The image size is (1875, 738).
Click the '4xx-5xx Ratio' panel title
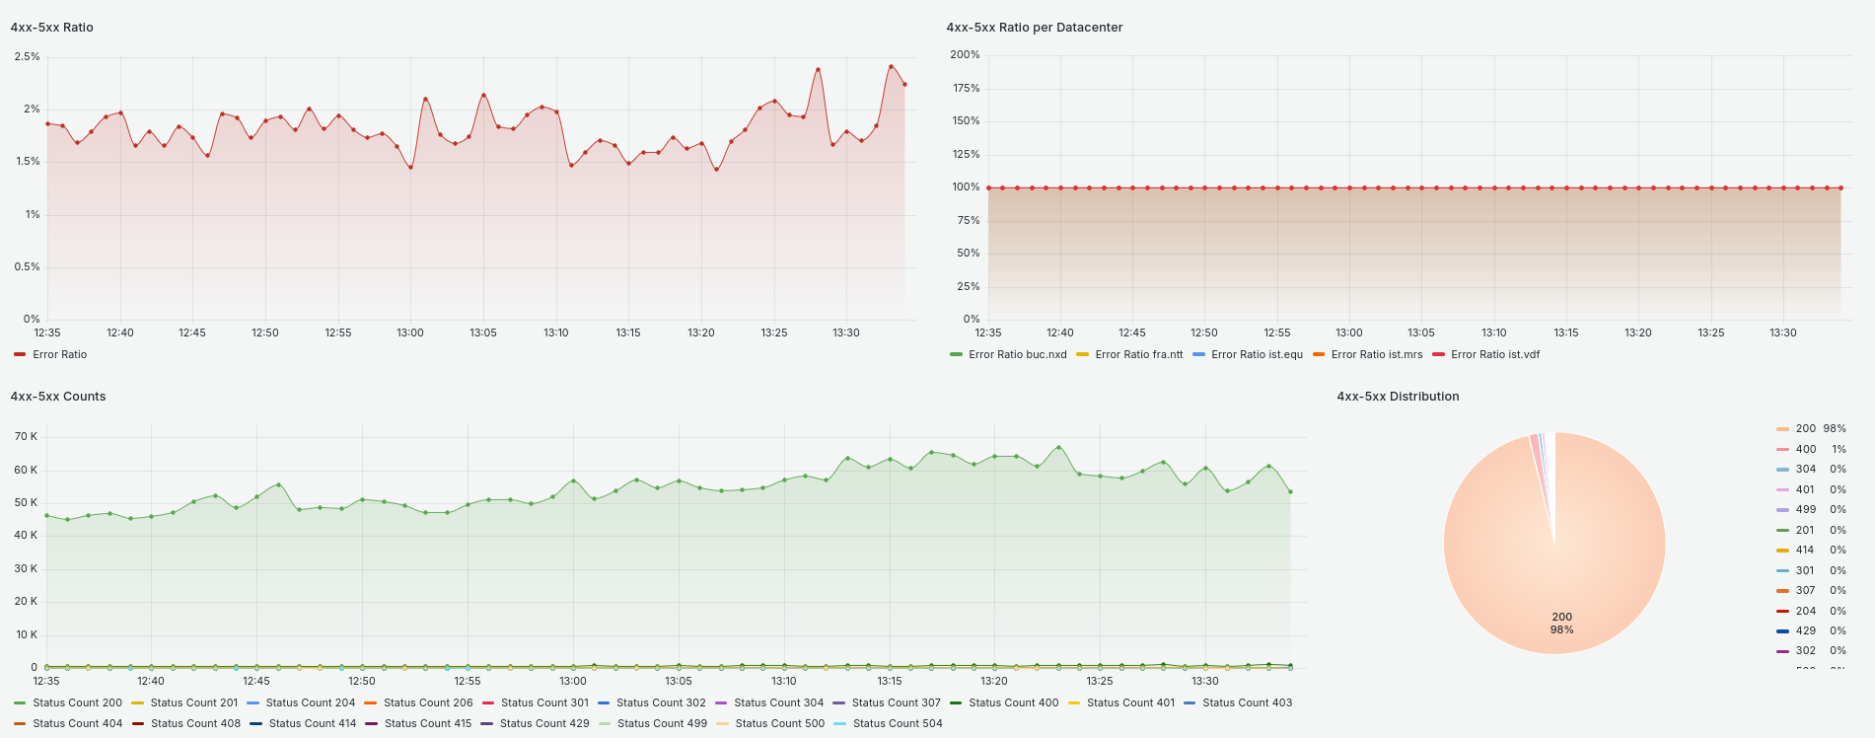(51, 28)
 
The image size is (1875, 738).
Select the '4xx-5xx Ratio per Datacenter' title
(1034, 28)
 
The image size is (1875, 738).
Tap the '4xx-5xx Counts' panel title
(57, 397)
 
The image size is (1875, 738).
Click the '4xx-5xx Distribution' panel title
(1398, 397)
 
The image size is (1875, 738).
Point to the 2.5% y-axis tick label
(27, 57)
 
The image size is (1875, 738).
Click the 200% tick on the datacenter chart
(965, 55)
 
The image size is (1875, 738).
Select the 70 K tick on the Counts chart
(26, 436)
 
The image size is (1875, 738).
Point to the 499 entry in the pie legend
(1805, 510)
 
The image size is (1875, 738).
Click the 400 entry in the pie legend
(1805, 449)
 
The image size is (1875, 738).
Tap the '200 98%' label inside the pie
(1561, 623)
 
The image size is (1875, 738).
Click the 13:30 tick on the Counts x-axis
(1204, 681)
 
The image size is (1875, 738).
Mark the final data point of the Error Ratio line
(904, 85)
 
